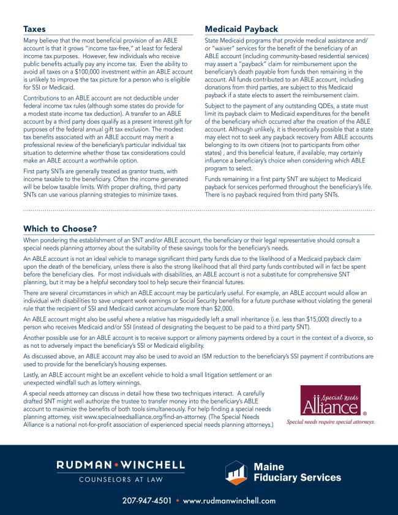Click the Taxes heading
click(x=34, y=29)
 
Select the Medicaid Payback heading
click(x=241, y=29)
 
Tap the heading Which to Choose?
click(x=60, y=228)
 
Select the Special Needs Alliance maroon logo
click(x=330, y=401)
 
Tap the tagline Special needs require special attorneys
click(x=331, y=422)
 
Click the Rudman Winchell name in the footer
click(x=120, y=465)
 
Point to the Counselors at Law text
click(x=120, y=479)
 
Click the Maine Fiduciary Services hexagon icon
click(x=236, y=472)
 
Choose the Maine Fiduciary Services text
click(x=297, y=472)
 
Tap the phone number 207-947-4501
click(x=147, y=501)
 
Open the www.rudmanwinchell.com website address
click(x=230, y=501)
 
